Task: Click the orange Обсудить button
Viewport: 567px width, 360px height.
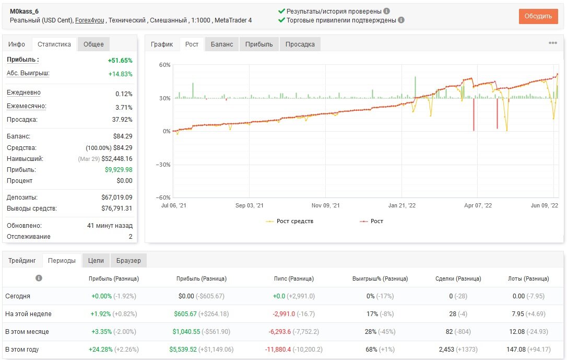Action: click(x=538, y=16)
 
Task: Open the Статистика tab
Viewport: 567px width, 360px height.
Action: click(x=54, y=44)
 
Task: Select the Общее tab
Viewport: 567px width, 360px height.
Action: click(x=93, y=44)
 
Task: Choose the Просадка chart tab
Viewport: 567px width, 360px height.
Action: click(x=300, y=44)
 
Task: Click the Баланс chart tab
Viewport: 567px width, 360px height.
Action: click(x=222, y=44)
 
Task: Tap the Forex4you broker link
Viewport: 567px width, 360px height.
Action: click(x=90, y=20)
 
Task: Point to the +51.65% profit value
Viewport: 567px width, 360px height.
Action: click(x=120, y=61)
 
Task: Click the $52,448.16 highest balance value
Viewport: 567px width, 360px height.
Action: click(x=117, y=158)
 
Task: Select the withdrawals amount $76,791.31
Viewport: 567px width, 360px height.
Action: click(x=117, y=208)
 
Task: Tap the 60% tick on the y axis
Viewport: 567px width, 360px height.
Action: click(x=164, y=65)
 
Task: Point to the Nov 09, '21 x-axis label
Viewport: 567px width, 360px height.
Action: click(x=325, y=205)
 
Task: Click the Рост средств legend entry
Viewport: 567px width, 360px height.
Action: click(x=290, y=221)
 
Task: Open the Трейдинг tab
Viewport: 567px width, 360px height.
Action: click(x=22, y=261)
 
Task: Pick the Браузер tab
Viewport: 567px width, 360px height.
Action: click(x=129, y=261)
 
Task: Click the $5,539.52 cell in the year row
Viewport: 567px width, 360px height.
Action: click(x=183, y=350)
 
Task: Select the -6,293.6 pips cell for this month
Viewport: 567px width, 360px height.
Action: click(x=279, y=332)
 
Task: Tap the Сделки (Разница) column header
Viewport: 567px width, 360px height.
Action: click(x=458, y=278)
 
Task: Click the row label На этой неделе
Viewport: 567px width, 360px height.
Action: click(x=28, y=314)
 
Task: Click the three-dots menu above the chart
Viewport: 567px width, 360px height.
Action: click(x=553, y=43)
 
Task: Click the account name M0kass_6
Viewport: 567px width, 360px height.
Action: click(x=24, y=11)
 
